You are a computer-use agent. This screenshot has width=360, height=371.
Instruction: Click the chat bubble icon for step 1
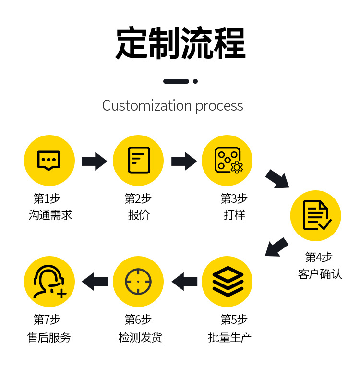point(49,161)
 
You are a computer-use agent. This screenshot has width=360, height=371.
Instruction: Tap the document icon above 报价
point(138,161)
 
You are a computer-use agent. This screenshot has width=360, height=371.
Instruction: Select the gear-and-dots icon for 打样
point(227,161)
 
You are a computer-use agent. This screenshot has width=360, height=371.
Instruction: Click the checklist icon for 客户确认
point(316,216)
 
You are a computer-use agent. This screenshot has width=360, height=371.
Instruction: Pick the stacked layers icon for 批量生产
point(227,282)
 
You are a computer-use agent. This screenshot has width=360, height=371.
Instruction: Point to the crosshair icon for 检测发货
point(138,282)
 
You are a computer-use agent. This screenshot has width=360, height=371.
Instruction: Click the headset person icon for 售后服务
point(49,282)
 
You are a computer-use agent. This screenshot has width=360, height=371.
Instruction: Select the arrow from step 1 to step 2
point(94,161)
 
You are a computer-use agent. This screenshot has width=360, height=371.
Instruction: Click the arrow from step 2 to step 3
point(184,161)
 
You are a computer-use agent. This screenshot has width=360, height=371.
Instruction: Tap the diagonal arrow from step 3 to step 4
point(277,178)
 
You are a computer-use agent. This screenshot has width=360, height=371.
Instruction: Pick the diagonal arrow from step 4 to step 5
point(276,247)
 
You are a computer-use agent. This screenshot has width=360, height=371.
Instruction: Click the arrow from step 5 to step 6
point(184,282)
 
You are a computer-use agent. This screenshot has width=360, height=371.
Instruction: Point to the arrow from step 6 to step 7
point(95,282)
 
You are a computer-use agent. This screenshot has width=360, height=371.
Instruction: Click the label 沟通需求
point(50,215)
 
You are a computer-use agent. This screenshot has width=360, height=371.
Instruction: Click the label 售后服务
point(49,337)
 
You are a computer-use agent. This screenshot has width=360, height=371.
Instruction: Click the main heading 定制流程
point(180,44)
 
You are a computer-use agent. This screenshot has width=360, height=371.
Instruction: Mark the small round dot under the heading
point(195,81)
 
